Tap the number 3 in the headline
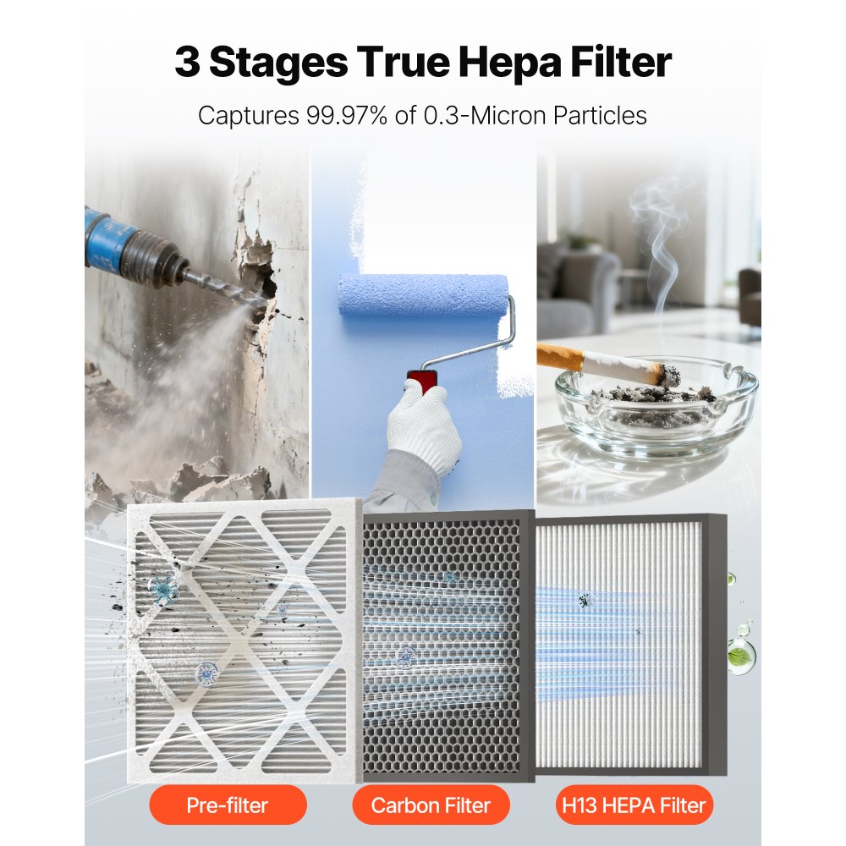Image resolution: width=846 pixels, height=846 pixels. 189,63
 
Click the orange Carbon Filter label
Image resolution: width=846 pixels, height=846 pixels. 430,804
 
